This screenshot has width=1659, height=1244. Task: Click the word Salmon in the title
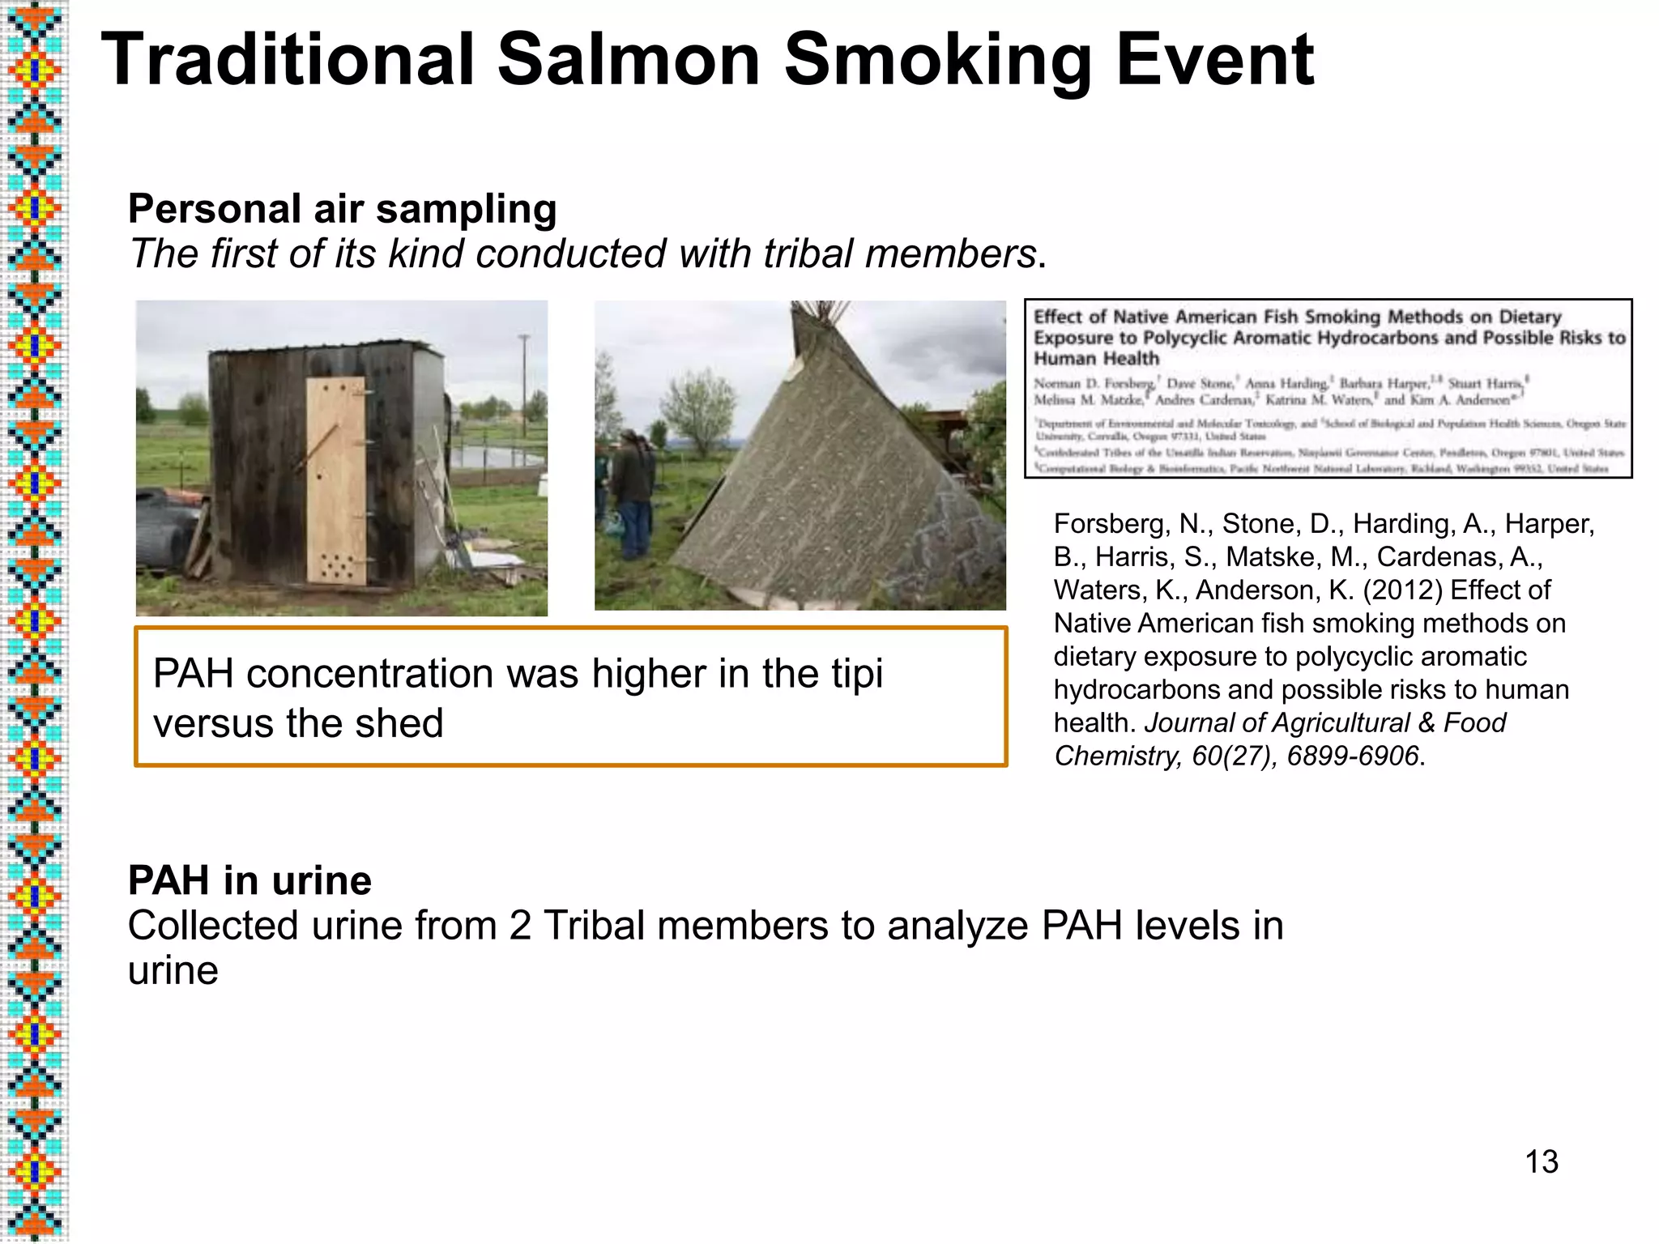pos(629,60)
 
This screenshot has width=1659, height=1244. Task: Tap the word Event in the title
pos(1215,60)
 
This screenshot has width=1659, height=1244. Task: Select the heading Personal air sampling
pos(342,209)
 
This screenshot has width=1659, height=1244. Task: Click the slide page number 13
pos(1541,1161)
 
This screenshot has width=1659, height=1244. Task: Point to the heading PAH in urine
pos(249,880)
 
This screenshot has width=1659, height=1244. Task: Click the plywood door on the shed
pos(336,482)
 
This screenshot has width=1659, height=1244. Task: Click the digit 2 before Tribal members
pos(520,926)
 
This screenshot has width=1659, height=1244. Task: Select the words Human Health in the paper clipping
pos(1096,359)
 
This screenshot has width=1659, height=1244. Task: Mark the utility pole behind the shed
pos(524,381)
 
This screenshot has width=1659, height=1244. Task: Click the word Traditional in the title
pos(288,60)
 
